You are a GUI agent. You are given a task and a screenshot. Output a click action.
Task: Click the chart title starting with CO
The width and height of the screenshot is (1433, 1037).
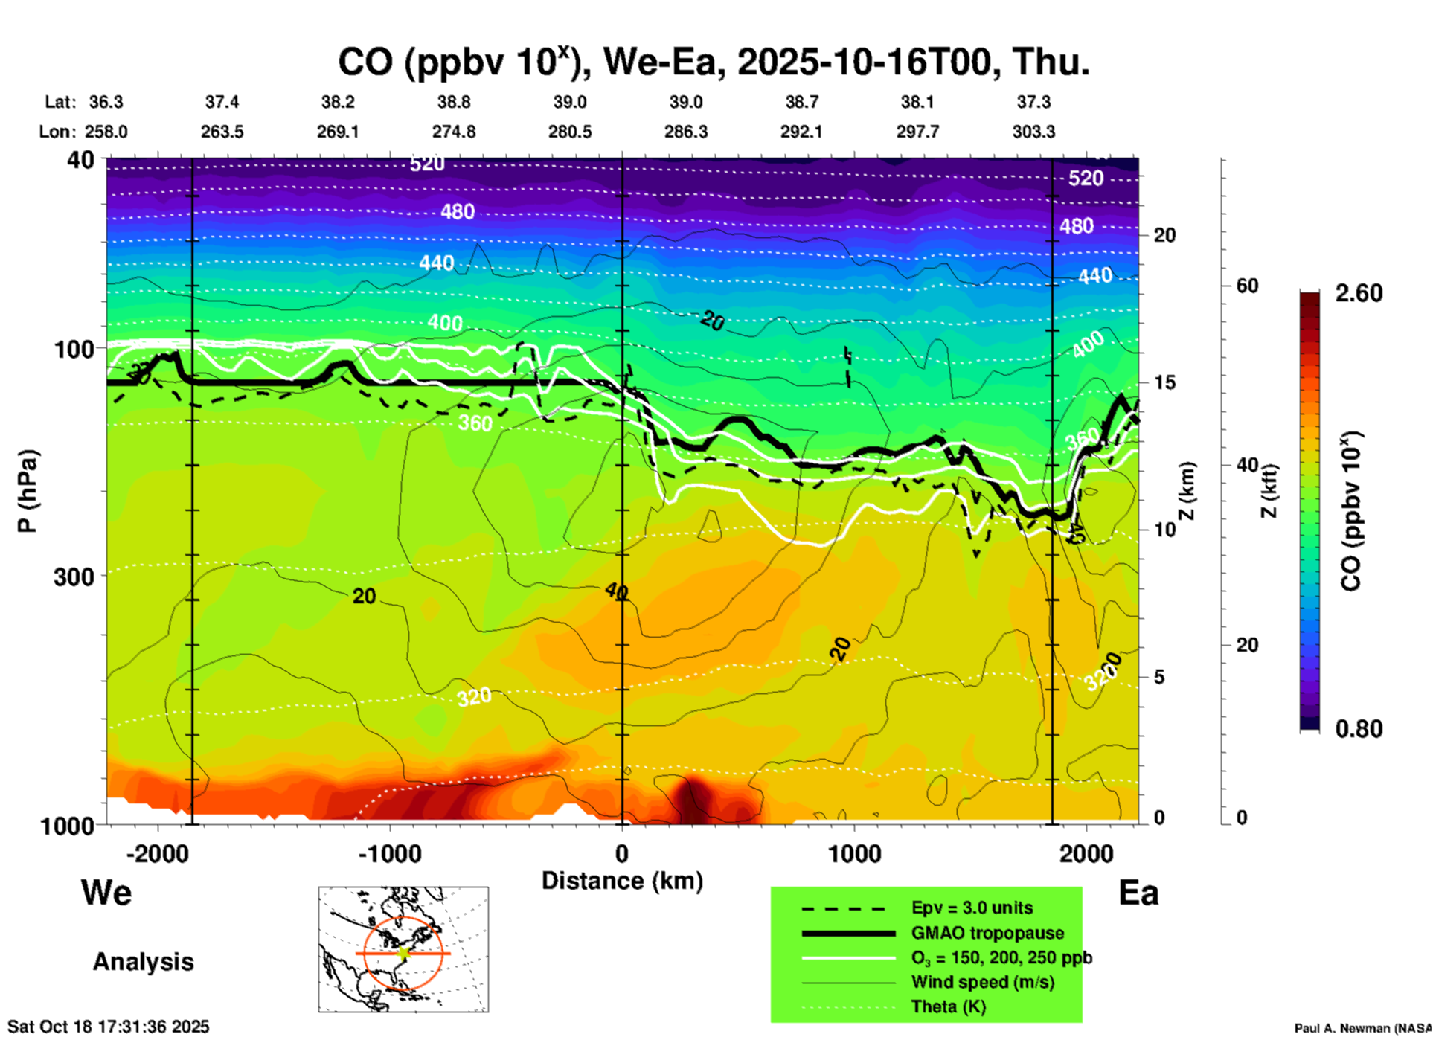(x=714, y=62)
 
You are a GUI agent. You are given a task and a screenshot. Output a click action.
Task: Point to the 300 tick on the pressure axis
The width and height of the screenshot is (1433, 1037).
(x=74, y=577)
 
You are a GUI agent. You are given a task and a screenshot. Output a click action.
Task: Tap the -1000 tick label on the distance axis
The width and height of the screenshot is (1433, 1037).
(x=389, y=853)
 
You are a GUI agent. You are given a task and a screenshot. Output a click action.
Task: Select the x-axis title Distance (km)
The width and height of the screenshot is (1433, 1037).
(x=622, y=881)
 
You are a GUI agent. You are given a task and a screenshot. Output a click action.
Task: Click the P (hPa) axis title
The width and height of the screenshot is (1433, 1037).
(x=27, y=491)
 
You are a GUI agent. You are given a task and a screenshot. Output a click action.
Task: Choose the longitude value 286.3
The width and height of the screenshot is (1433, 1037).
(x=685, y=132)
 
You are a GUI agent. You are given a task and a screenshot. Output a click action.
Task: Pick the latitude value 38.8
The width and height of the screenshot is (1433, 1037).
(x=453, y=102)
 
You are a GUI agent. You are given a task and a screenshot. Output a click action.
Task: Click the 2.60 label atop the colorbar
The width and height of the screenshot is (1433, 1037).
(x=1359, y=293)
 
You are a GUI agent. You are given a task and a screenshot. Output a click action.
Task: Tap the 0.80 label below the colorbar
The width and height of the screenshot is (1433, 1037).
(x=1359, y=729)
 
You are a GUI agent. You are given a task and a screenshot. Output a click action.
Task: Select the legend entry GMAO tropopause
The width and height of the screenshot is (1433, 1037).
(x=987, y=933)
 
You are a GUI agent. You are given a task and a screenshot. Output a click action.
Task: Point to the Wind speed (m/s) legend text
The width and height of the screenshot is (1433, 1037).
(x=982, y=982)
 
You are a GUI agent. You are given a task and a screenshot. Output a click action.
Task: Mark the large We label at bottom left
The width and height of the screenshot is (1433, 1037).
(x=106, y=893)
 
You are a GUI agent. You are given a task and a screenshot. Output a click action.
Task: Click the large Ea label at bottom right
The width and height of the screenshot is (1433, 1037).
(x=1138, y=893)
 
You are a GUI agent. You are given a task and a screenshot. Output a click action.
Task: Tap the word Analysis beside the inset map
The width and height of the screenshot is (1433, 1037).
(x=143, y=962)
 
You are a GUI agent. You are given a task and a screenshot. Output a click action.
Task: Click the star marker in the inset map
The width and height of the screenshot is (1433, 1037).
(x=403, y=952)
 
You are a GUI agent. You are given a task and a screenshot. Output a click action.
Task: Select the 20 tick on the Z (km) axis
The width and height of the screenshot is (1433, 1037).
(x=1164, y=236)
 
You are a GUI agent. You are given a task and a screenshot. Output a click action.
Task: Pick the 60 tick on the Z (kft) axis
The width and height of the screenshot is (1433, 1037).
(x=1247, y=286)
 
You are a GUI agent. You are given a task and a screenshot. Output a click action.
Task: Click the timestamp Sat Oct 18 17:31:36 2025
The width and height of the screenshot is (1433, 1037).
(x=109, y=1027)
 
